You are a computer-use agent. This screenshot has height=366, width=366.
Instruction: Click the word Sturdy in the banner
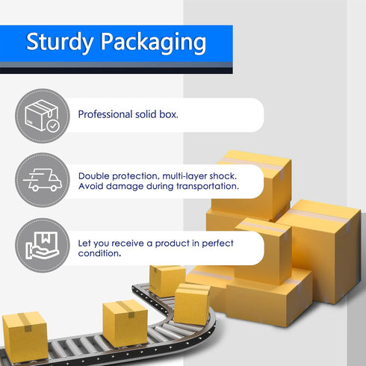(x=60, y=42)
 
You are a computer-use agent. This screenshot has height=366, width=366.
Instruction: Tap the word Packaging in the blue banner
(x=153, y=43)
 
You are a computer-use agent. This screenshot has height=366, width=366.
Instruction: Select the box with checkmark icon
(x=43, y=116)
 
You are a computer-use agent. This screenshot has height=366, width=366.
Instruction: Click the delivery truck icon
(x=43, y=180)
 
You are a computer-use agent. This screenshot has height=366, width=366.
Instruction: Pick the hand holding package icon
(x=43, y=246)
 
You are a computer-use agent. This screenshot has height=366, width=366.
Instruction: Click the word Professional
(x=105, y=114)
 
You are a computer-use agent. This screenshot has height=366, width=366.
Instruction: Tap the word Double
(x=94, y=176)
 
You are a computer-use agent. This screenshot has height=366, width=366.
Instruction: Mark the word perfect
(x=217, y=244)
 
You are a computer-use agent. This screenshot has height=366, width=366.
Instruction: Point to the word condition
(x=99, y=253)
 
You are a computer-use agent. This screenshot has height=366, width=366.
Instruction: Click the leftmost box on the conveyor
(x=25, y=337)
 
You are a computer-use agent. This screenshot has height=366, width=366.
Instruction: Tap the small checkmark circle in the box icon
(x=53, y=126)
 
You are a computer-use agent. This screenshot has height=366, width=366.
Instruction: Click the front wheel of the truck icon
(x=54, y=188)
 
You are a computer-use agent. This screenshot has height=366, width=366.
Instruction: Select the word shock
(x=223, y=176)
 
